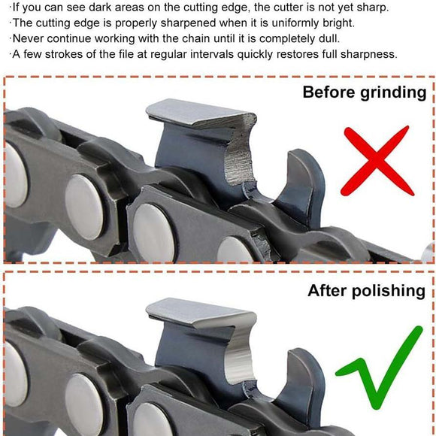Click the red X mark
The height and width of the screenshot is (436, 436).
pyautogui.click(x=377, y=162)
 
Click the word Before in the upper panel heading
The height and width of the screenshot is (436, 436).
pyautogui.click(x=329, y=92)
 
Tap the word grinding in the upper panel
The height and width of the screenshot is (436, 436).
pyautogui.click(x=393, y=93)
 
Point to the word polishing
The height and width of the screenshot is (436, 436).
pyautogui.click(x=389, y=292)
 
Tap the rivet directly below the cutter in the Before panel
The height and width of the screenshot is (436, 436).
pyautogui.click(x=154, y=232)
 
